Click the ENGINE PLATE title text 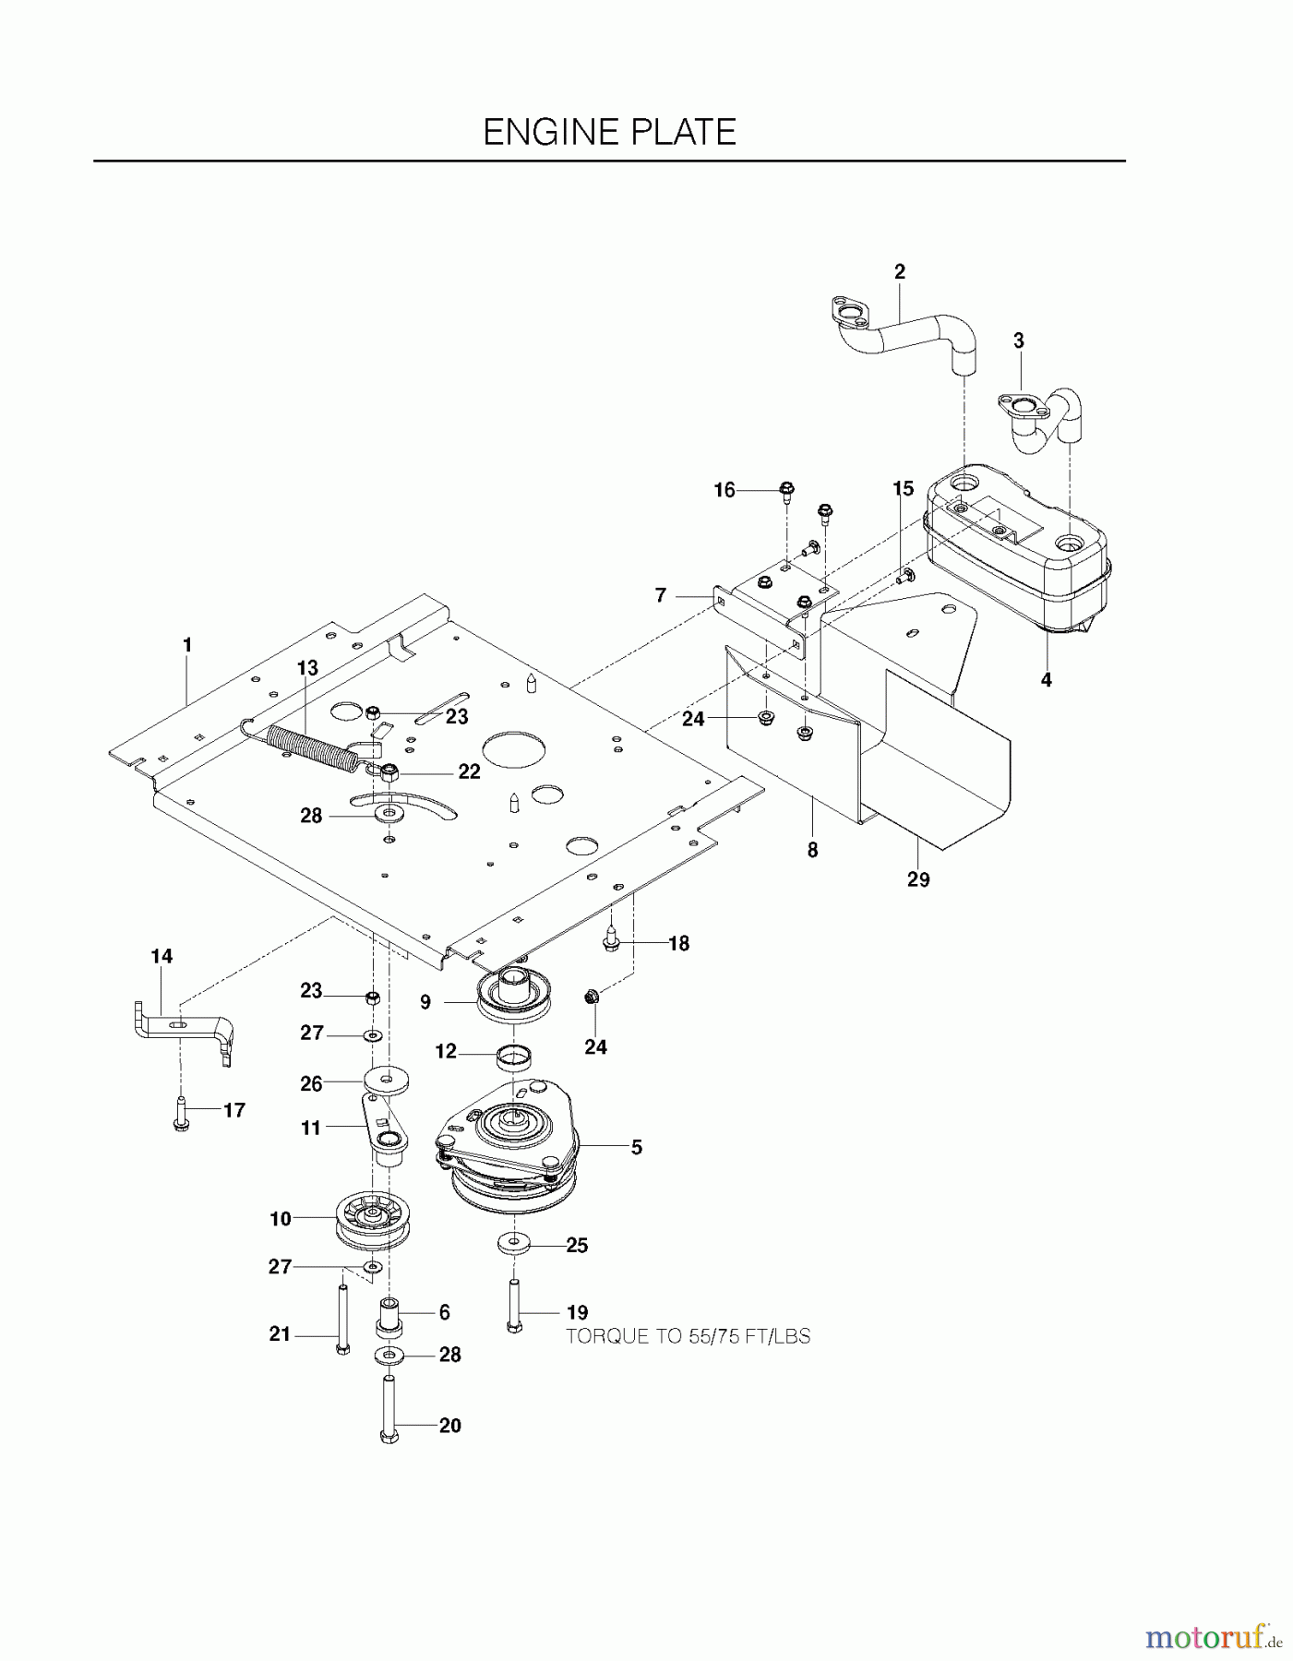click(609, 132)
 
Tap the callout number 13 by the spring click(306, 668)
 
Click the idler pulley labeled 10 click(374, 1221)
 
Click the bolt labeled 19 click(513, 1306)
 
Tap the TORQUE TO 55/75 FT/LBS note click(688, 1336)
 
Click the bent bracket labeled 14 click(185, 1029)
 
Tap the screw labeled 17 click(180, 1111)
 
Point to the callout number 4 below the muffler click(1046, 680)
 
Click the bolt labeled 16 click(786, 491)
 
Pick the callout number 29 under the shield click(917, 879)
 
